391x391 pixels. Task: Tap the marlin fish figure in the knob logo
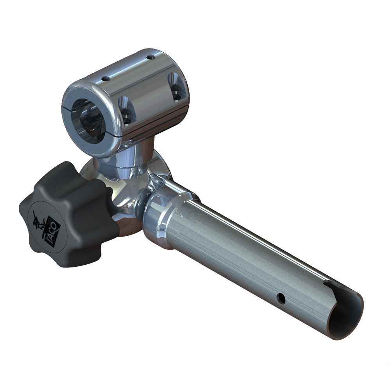pyautogui.click(x=39, y=221)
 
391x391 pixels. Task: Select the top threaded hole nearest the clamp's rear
pyautogui.click(x=150, y=57)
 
